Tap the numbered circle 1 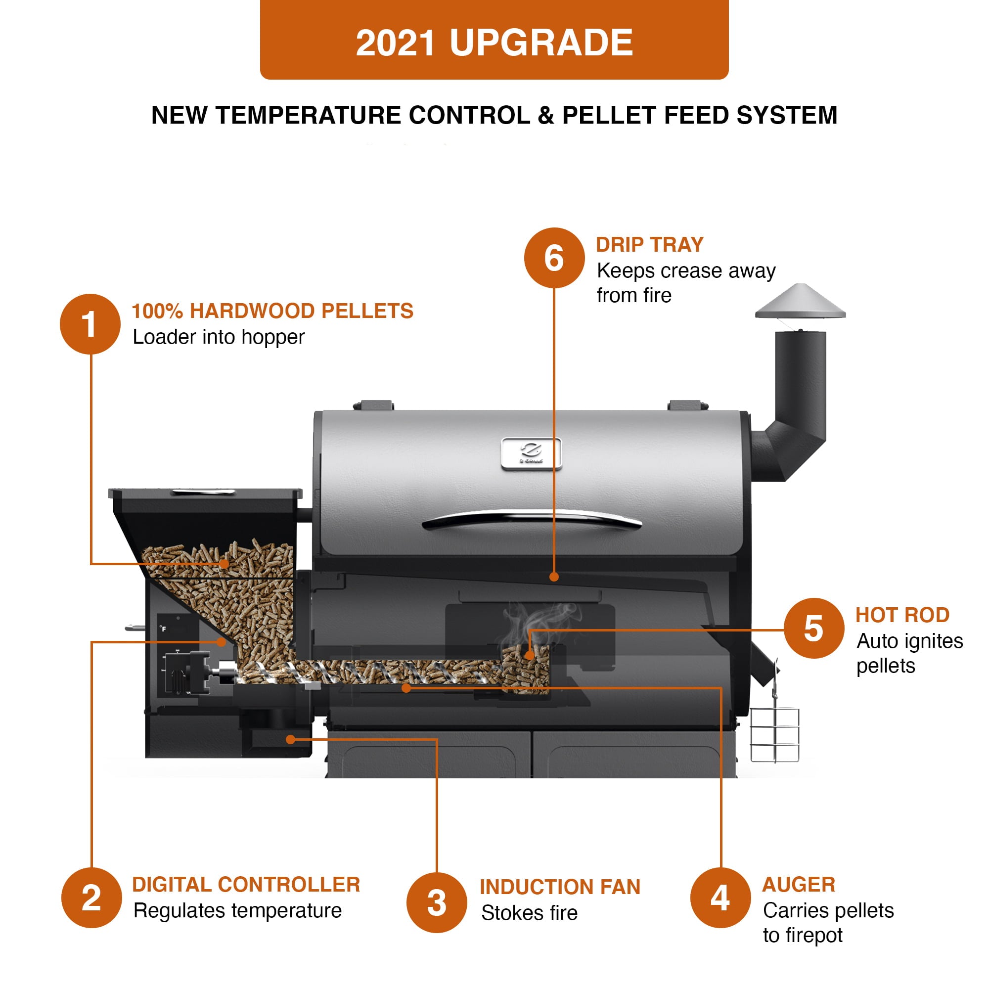click(x=90, y=324)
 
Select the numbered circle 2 click(x=91, y=898)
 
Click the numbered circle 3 click(x=437, y=902)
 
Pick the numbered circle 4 click(x=720, y=898)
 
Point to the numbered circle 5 click(x=813, y=628)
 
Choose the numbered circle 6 click(x=554, y=258)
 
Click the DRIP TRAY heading click(x=650, y=245)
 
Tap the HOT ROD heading click(x=902, y=615)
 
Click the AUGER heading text click(x=799, y=885)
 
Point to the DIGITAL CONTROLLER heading click(x=246, y=885)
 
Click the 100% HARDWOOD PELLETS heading click(x=272, y=311)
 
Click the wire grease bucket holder click(x=774, y=735)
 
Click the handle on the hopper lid click(x=203, y=492)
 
